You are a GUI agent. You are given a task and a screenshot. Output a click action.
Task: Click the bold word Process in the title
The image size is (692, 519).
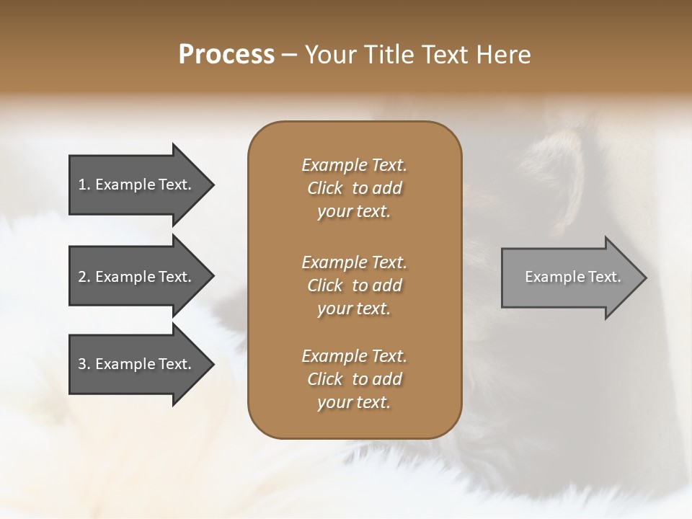[x=226, y=55]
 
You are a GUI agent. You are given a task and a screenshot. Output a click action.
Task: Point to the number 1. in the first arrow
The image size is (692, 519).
[x=84, y=185]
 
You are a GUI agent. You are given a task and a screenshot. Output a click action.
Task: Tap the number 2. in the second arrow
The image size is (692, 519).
[x=84, y=277]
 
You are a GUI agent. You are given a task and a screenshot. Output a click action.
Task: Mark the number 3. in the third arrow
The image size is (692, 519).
[x=84, y=364]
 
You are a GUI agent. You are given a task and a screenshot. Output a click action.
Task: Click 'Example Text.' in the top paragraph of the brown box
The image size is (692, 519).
[x=354, y=165]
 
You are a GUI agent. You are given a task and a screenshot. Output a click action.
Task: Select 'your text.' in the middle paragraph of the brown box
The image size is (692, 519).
[x=354, y=309]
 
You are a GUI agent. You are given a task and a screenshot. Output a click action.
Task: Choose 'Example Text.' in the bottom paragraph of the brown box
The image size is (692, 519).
[x=354, y=356]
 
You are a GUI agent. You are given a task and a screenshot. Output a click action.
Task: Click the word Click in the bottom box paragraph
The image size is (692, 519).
[x=324, y=379]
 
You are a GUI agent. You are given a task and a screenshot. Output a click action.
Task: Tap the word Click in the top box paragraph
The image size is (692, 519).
[x=324, y=188]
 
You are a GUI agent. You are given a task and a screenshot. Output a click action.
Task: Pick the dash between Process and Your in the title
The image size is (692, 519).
[x=290, y=55]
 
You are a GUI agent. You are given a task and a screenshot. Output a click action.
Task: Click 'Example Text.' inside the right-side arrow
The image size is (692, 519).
[x=573, y=277]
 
